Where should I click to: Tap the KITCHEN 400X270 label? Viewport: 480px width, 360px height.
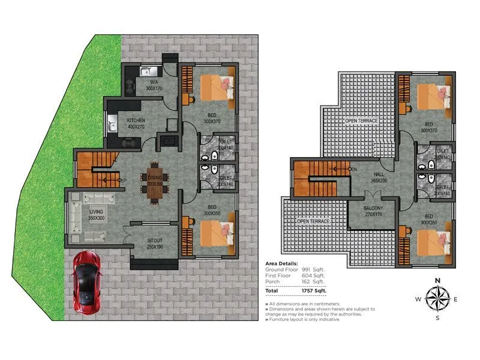[136, 124]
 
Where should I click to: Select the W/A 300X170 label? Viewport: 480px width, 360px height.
[154, 85]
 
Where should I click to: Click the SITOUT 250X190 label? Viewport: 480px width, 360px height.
[155, 244]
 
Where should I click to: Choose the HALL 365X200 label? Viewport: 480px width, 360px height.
[379, 177]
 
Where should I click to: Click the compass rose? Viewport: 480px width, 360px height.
[437, 298]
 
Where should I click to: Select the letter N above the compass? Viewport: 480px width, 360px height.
[437, 280]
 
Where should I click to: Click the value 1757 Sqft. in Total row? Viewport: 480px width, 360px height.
[313, 290]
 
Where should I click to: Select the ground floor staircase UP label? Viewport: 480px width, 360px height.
[122, 179]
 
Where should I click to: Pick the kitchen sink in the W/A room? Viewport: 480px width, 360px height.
[144, 73]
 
